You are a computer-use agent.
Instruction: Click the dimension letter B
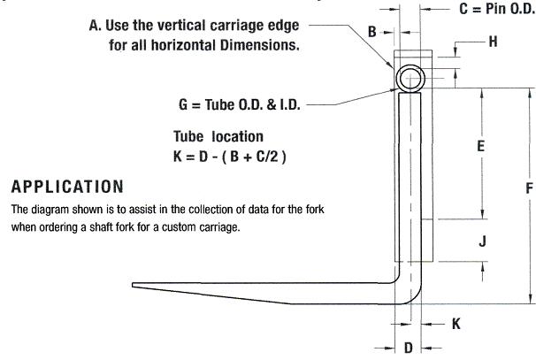tap(371, 32)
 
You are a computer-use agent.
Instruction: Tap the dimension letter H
tap(493, 42)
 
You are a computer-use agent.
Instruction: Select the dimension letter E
tap(480, 146)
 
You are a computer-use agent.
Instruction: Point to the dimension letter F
tap(529, 188)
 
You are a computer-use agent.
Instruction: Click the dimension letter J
tap(482, 241)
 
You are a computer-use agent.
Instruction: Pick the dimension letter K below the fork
tap(456, 324)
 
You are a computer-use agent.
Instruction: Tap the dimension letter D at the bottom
tap(409, 348)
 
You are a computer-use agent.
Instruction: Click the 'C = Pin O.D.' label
tap(497, 9)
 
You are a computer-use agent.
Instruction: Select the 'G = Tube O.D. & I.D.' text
tap(240, 104)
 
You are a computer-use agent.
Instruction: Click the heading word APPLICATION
tap(67, 187)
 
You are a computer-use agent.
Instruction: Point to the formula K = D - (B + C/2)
tap(230, 157)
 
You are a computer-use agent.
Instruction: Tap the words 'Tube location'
tap(218, 136)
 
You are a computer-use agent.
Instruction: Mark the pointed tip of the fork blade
tap(133, 285)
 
